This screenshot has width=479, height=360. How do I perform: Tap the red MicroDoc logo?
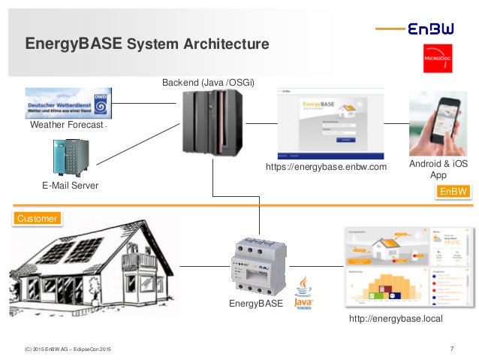[x=438, y=59]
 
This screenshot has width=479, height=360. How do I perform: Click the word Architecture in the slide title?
[x=223, y=45]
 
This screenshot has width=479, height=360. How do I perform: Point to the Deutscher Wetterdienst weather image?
[x=70, y=101]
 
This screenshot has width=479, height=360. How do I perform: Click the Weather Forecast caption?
[x=66, y=125]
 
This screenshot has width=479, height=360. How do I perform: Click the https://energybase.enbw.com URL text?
[x=326, y=167]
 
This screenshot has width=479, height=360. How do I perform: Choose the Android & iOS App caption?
[x=438, y=169]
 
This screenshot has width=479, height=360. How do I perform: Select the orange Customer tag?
[x=36, y=218]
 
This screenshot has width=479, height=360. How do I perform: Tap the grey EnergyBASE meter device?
[x=256, y=264]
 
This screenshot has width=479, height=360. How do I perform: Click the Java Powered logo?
[x=303, y=292]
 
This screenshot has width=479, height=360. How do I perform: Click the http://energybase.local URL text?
[x=396, y=319]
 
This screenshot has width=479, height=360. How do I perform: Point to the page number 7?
[x=451, y=347]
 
